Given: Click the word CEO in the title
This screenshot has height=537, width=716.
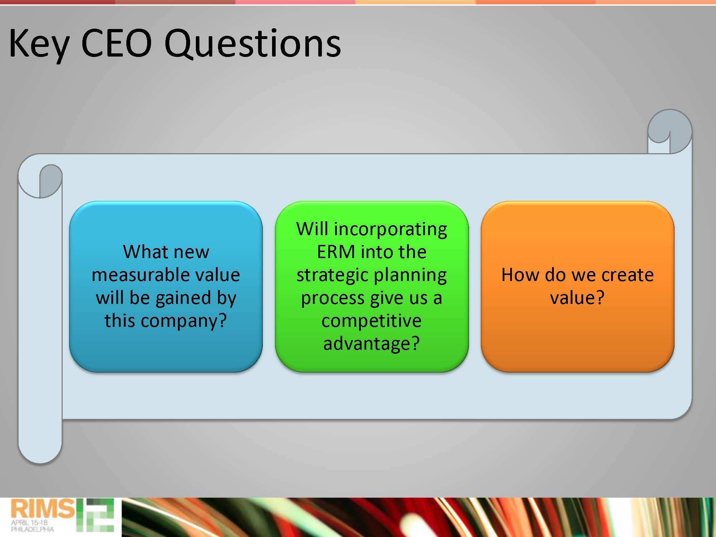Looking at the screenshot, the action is [117, 43].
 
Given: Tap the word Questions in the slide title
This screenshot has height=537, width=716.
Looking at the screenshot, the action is [252, 44].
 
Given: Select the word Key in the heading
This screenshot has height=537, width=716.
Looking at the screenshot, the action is [39, 46].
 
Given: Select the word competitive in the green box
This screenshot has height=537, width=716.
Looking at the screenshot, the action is [371, 321].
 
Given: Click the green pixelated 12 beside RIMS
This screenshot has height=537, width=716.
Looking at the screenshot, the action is [95, 515].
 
